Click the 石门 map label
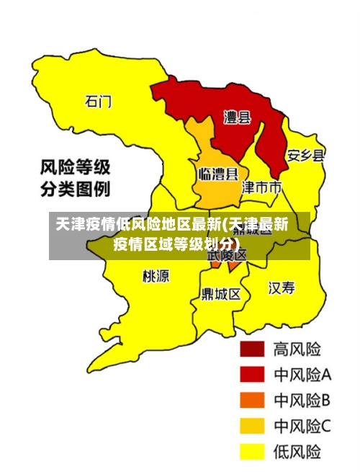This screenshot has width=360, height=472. [x=99, y=102]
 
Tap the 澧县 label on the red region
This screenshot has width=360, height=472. [x=237, y=117]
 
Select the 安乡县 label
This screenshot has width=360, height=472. [x=305, y=155]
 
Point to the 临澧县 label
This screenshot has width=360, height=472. [x=219, y=174]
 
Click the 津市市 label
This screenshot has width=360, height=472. [x=261, y=187]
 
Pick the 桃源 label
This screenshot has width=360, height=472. [x=156, y=276]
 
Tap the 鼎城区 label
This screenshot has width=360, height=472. [x=221, y=294]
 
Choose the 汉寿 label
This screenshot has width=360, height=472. [x=282, y=288]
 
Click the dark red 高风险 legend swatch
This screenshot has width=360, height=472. [x=252, y=349]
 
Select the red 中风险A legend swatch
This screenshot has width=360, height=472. [x=252, y=375]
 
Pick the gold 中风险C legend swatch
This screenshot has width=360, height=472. [x=252, y=426]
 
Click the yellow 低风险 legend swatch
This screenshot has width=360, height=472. [x=252, y=452]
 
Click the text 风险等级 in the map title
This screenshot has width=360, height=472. [x=74, y=168]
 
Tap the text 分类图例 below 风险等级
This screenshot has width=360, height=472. [x=74, y=190]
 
